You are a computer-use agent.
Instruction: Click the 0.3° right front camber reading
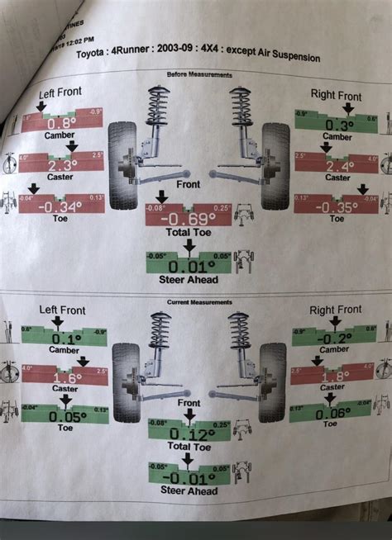point(337,125)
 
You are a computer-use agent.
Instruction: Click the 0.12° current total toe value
point(189,434)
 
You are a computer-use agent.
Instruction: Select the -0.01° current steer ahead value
point(189,479)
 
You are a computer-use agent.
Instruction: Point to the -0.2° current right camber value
point(333,339)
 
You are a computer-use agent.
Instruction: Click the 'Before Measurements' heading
point(200,74)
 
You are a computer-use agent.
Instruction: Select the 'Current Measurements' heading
point(197,298)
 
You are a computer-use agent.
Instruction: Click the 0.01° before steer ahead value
point(189,266)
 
